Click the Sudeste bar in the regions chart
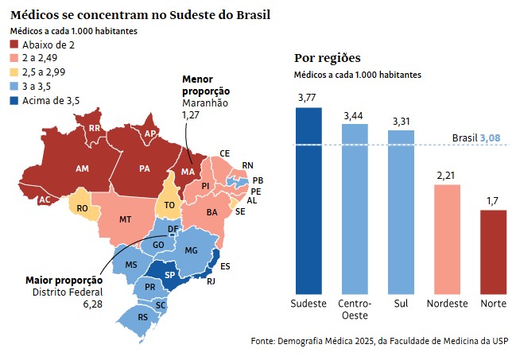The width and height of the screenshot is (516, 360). (308, 201)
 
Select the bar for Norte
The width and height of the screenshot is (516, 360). (493, 252)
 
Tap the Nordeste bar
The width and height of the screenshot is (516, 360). (447, 239)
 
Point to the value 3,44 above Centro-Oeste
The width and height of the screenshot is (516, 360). (354, 116)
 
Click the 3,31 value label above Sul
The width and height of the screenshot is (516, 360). (402, 122)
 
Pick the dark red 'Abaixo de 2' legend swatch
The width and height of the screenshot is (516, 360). (14, 44)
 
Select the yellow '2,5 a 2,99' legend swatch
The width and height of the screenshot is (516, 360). (14, 72)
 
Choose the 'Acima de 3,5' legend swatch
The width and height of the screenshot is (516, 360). (14, 100)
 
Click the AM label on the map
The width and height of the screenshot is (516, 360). (82, 168)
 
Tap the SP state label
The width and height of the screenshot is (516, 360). (170, 274)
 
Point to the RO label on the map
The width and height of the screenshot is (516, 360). (82, 208)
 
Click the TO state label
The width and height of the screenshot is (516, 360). (169, 205)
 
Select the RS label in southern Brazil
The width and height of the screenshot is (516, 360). (143, 317)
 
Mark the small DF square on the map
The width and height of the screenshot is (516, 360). (172, 234)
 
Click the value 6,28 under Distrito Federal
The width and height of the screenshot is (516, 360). (93, 304)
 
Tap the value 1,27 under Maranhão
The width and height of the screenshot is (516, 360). (191, 115)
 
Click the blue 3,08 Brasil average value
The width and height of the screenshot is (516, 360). (490, 137)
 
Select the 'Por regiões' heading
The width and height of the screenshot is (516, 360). (328, 58)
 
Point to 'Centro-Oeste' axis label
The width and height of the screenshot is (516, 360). (355, 309)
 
